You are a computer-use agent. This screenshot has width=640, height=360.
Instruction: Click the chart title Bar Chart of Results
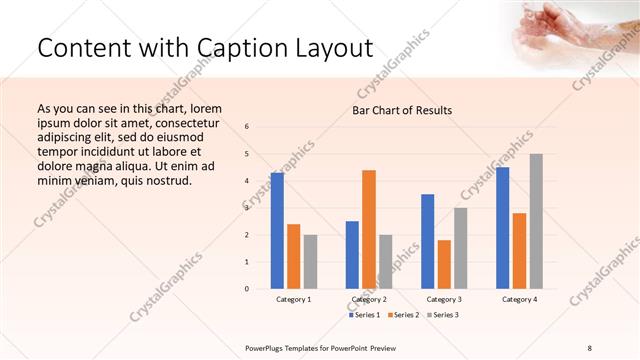coord(402,110)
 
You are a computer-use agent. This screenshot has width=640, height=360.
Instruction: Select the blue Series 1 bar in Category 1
coord(277,230)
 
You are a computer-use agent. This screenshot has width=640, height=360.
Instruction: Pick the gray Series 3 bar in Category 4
coord(536,221)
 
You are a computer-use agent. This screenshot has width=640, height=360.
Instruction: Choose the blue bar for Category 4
coord(502,228)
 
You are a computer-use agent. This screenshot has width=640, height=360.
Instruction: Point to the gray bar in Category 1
coord(310,261)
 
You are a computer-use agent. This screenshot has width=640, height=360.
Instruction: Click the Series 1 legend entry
coord(365,315)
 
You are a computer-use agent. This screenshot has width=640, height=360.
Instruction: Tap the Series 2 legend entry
coord(403,315)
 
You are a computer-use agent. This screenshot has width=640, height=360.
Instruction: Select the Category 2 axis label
coord(369,299)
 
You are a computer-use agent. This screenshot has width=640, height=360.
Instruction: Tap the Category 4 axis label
coord(519,299)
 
